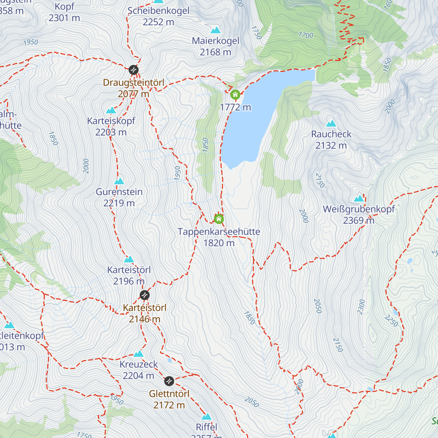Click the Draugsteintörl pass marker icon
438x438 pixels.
click(134, 69)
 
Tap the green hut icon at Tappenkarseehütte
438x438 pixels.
click(219, 219)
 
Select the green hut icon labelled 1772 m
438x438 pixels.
click(235, 95)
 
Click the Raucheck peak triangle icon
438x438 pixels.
click(331, 124)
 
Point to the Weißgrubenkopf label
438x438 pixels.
click(359, 210)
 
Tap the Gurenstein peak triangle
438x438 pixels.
click(119, 181)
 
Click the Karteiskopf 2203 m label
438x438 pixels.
click(111, 126)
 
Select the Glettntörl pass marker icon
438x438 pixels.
click(169, 381)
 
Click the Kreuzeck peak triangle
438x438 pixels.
click(138, 354)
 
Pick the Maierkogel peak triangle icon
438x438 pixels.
click(216, 30)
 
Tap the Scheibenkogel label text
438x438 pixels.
click(158, 11)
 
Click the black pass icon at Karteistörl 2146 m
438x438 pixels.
click(145, 295)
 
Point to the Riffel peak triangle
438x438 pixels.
click(207, 417)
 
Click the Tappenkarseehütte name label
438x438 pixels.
click(219, 232)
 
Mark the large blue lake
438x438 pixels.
click(255, 117)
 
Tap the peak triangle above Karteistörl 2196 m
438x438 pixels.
click(129, 260)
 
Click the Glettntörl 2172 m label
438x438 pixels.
click(169, 399)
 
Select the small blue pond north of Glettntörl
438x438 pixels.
click(169, 361)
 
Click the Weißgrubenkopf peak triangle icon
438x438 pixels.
click(359, 199)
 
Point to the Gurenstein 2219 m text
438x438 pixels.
click(119, 197)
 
